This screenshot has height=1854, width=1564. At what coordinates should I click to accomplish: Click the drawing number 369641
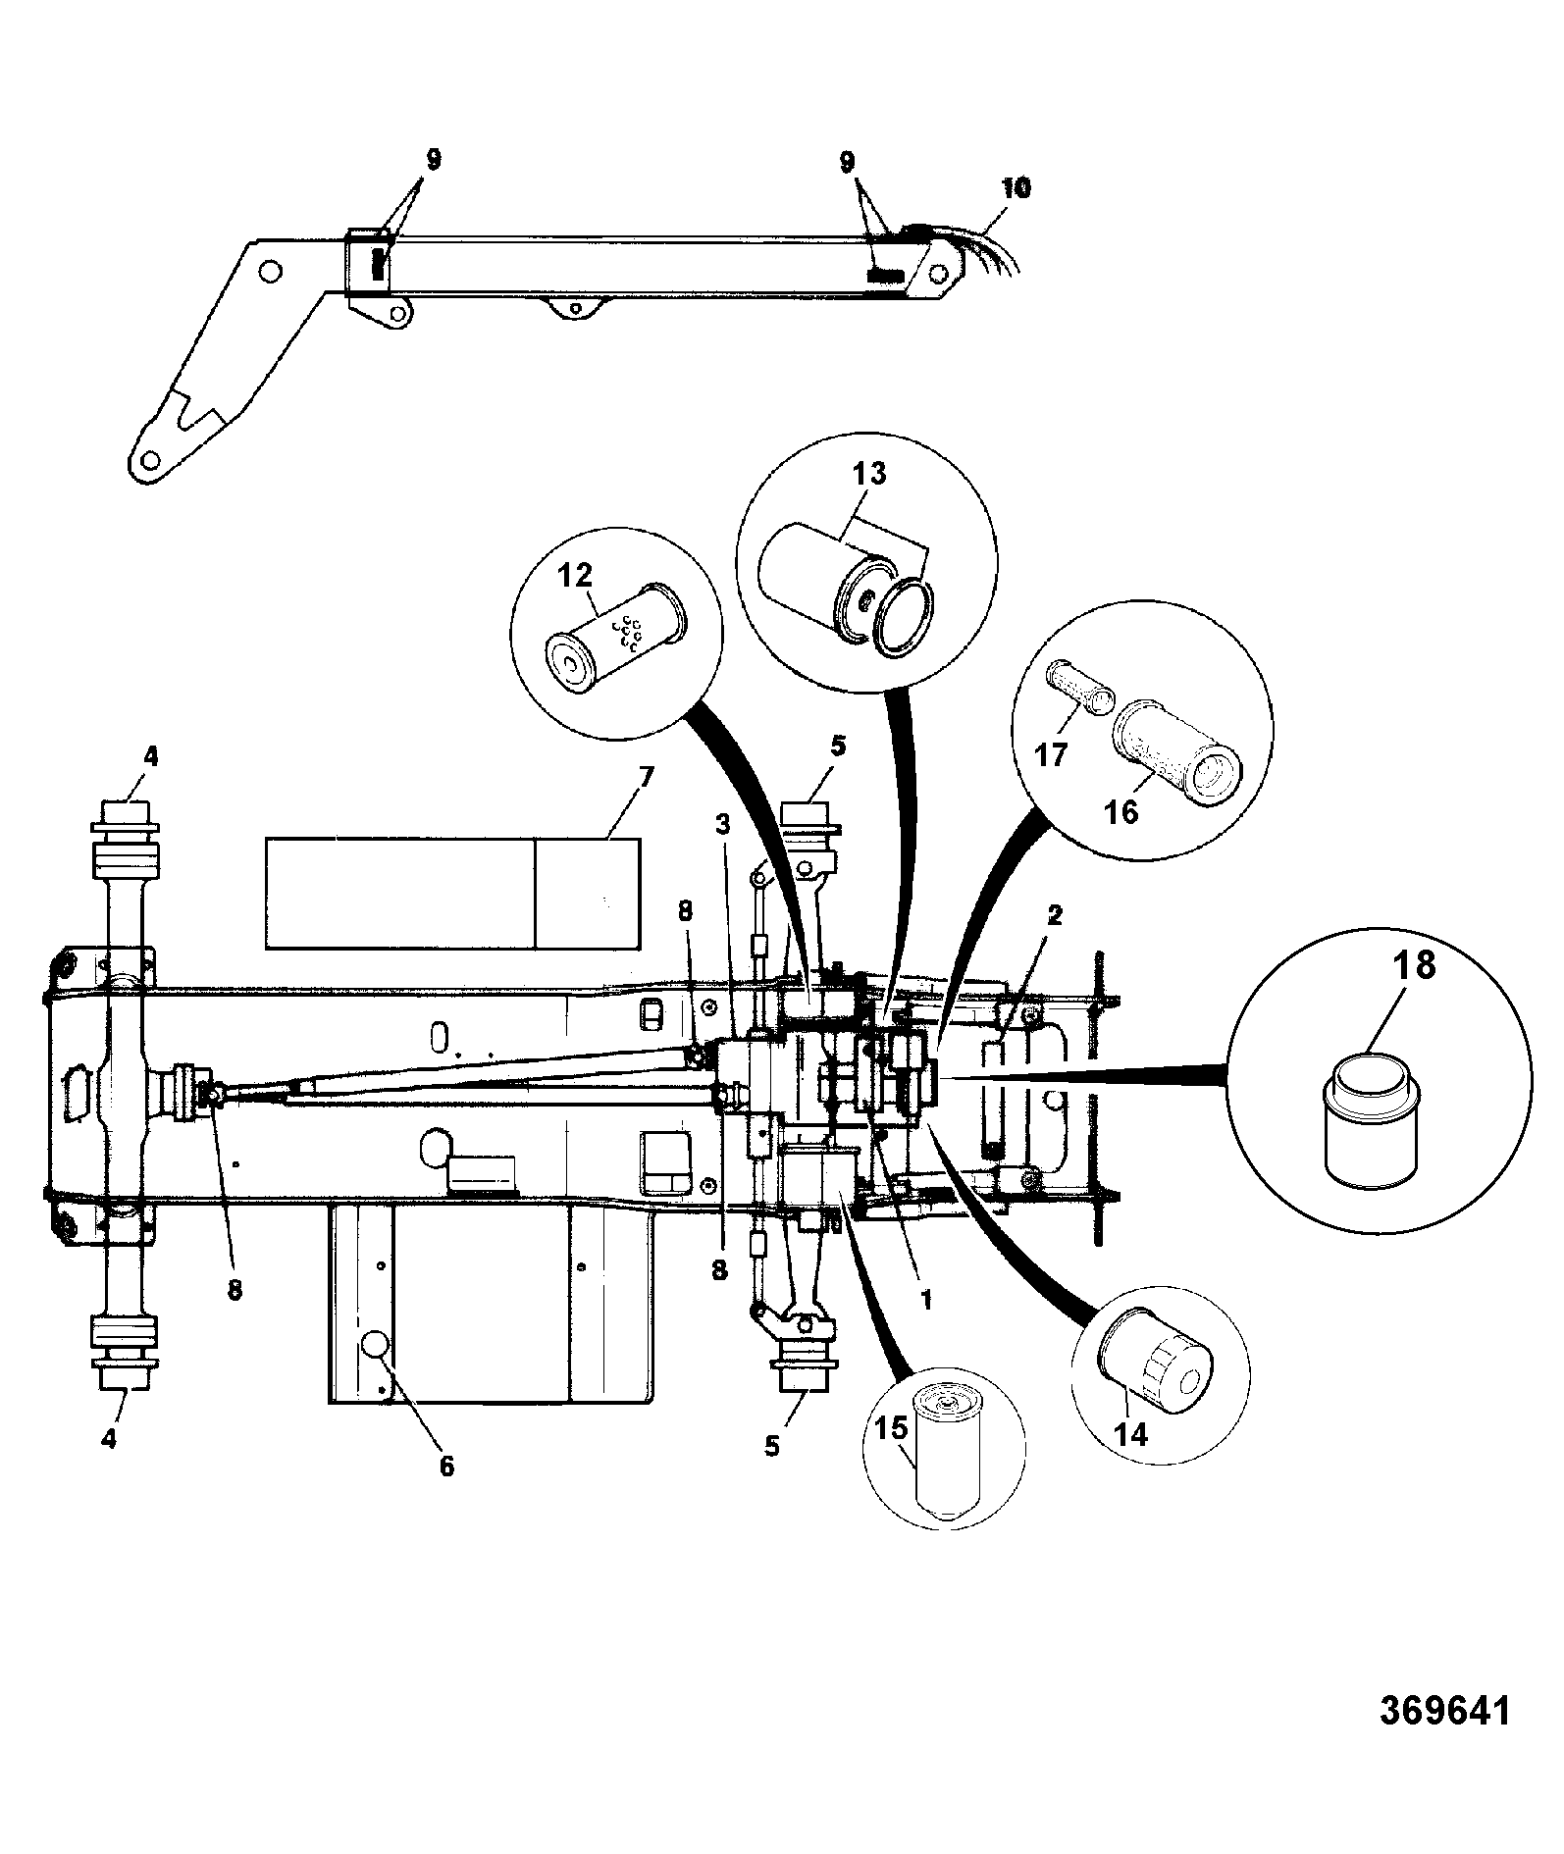(x=1444, y=1737)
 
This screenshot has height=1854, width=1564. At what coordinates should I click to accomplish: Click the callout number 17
(x=1051, y=757)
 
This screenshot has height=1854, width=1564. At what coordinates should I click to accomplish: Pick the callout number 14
(x=1130, y=1434)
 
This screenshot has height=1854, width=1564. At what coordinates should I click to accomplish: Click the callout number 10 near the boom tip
(x=1016, y=187)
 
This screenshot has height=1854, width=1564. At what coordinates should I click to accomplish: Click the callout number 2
(x=1055, y=915)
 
